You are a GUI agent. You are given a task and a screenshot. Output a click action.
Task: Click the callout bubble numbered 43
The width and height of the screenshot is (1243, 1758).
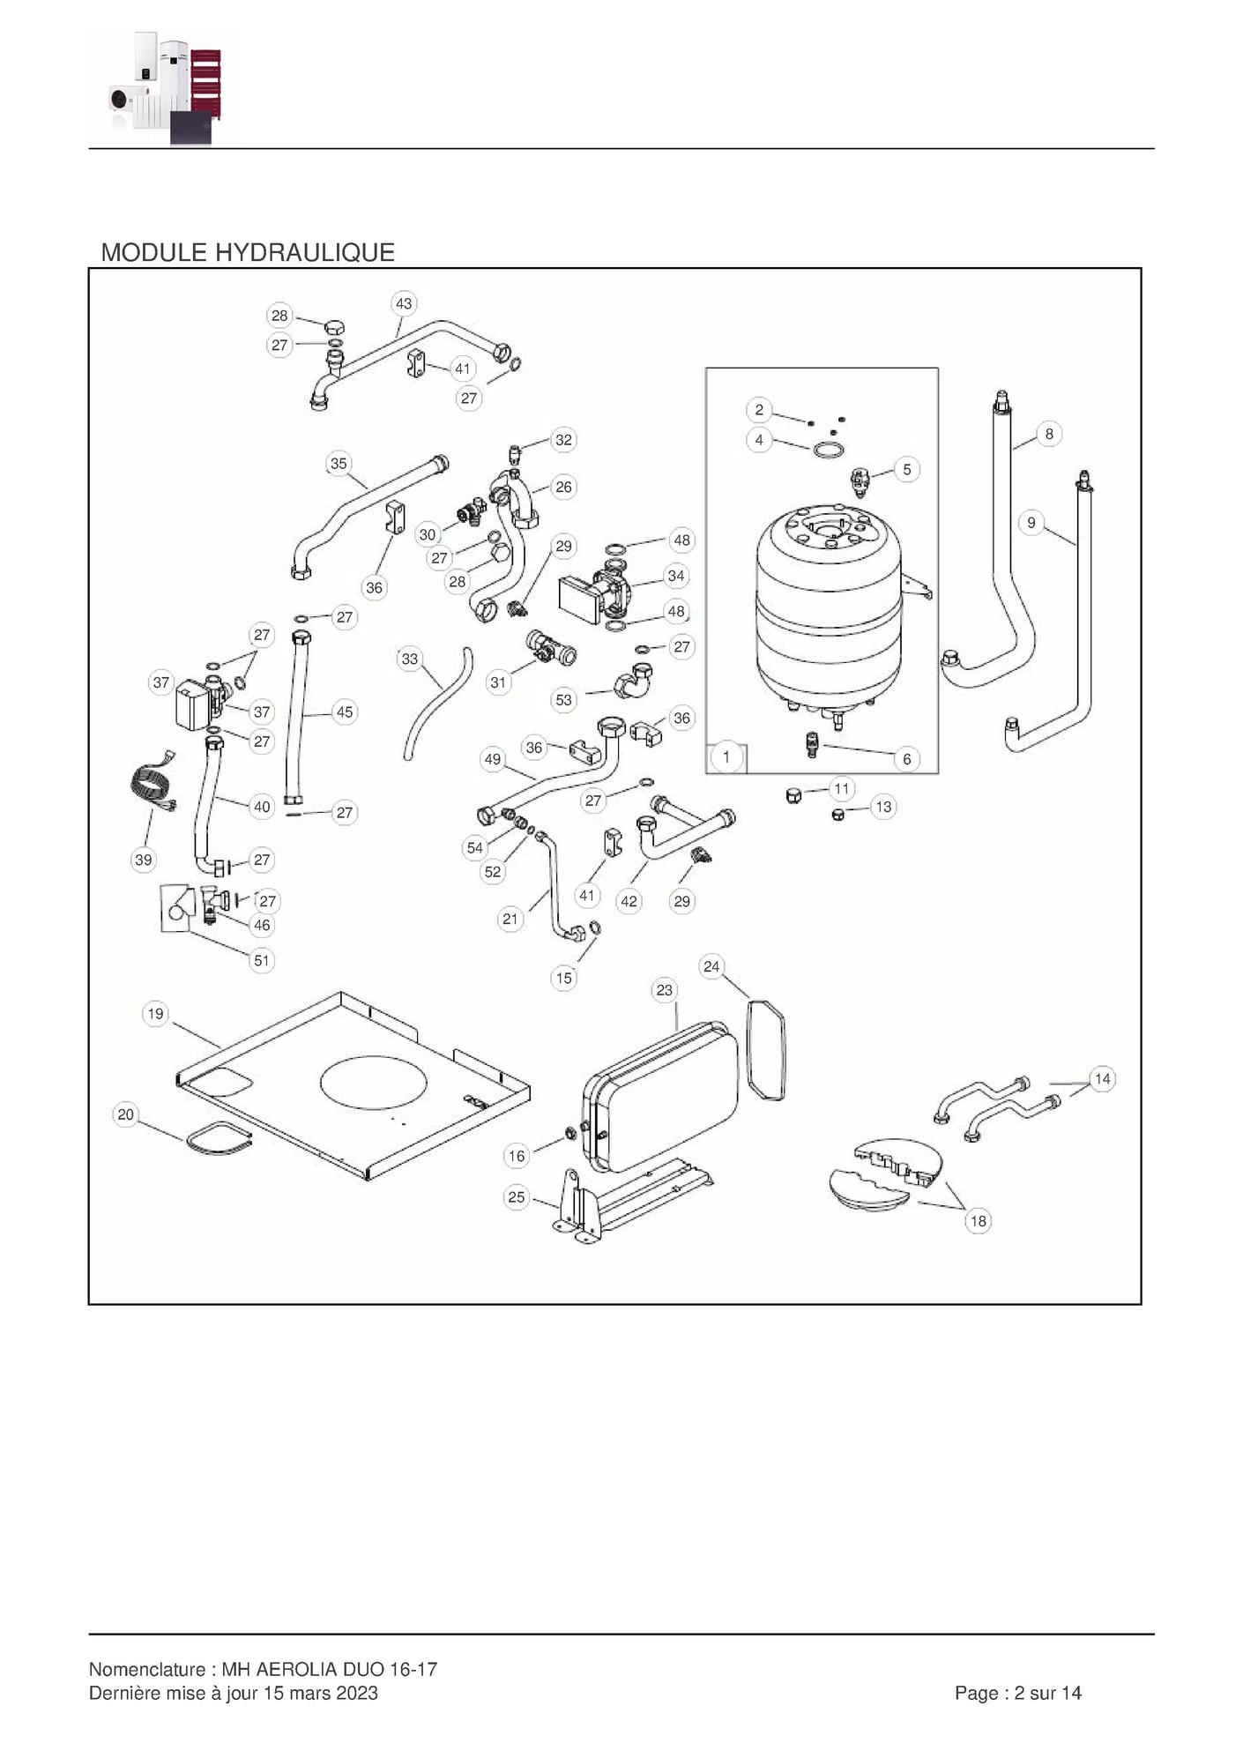click(403, 304)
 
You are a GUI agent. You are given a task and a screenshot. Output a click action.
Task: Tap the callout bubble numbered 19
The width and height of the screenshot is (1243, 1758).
click(155, 1014)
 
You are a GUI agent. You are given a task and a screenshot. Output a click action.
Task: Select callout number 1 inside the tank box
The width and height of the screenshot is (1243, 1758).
click(726, 757)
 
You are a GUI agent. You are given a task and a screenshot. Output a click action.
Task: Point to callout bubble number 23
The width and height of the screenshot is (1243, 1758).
click(664, 990)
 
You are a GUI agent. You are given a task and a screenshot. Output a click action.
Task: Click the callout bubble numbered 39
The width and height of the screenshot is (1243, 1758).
click(143, 860)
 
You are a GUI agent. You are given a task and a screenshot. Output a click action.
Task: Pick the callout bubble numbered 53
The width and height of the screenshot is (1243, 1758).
click(563, 700)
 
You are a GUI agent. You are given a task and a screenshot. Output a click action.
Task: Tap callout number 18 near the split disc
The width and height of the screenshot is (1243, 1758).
click(978, 1221)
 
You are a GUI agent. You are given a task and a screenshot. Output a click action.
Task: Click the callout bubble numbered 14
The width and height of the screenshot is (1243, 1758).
click(1102, 1079)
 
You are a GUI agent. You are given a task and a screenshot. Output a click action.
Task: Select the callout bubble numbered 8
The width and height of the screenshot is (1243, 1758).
click(1048, 434)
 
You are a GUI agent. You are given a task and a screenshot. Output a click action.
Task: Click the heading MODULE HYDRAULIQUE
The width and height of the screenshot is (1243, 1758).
click(248, 253)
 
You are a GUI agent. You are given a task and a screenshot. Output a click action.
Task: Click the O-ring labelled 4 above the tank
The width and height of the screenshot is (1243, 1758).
click(828, 451)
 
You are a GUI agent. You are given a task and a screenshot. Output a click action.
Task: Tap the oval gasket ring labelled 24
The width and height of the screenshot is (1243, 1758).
click(766, 1049)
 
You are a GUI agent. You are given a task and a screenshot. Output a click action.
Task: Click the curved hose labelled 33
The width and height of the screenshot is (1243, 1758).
click(436, 703)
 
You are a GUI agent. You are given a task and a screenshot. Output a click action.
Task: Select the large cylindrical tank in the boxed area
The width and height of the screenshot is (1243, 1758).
click(829, 608)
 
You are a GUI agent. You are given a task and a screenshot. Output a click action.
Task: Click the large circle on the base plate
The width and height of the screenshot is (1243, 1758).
click(374, 1084)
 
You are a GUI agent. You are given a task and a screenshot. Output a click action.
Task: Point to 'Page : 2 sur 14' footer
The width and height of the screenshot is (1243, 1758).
click(1017, 1693)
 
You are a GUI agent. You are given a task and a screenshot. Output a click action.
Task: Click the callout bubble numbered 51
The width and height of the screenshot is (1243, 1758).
click(261, 960)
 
